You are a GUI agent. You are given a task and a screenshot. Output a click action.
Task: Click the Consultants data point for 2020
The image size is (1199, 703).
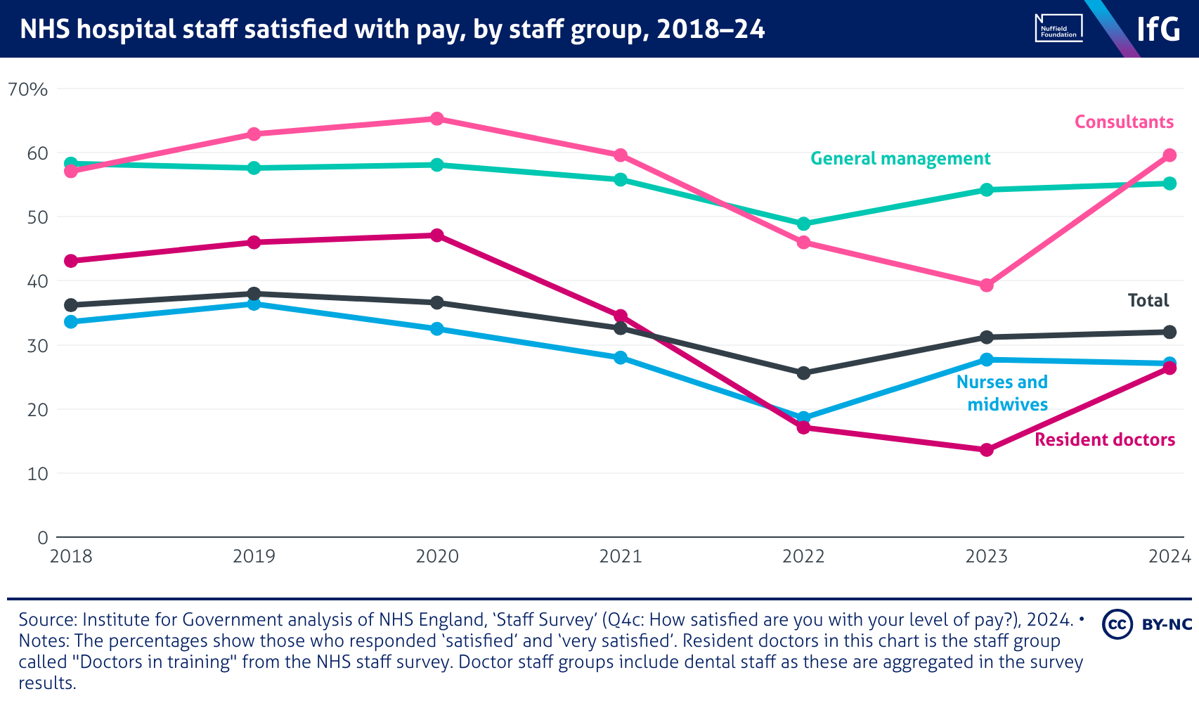[436, 119]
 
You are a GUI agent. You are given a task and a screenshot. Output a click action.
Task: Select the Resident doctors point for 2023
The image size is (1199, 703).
[986, 450]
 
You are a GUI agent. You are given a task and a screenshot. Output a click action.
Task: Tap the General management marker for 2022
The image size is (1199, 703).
[803, 224]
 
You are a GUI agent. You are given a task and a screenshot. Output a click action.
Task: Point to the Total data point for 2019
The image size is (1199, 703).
[254, 293]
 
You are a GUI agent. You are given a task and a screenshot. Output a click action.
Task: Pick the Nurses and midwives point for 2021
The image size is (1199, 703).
[620, 358]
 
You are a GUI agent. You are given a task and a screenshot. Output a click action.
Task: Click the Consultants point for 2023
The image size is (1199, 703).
[986, 285]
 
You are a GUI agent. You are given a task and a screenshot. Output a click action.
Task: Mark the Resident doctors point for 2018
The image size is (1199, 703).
[70, 261]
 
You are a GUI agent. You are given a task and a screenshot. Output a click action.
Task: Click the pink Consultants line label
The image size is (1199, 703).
[1124, 122]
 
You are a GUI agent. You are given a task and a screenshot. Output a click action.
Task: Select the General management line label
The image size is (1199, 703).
[900, 159]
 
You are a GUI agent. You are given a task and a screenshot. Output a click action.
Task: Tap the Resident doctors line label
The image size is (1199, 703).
[1104, 440]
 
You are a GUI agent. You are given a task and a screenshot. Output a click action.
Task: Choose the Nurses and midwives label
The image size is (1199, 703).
[1002, 393]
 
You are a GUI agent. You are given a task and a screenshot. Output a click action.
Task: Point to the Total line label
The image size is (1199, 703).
[1148, 301]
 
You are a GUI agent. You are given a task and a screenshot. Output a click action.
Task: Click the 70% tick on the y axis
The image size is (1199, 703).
[27, 90]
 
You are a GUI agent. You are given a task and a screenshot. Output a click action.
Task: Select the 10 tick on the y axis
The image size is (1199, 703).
[37, 474]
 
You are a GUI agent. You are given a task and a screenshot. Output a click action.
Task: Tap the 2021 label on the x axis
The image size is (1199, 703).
[620, 557]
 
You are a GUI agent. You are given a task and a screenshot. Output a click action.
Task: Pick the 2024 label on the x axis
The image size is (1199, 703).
[1169, 557]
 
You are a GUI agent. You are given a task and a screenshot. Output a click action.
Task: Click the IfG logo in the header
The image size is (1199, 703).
[1158, 30]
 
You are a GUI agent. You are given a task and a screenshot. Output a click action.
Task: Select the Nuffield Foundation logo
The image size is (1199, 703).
[1058, 28]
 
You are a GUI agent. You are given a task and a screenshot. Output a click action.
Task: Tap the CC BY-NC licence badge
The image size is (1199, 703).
[1147, 624]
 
